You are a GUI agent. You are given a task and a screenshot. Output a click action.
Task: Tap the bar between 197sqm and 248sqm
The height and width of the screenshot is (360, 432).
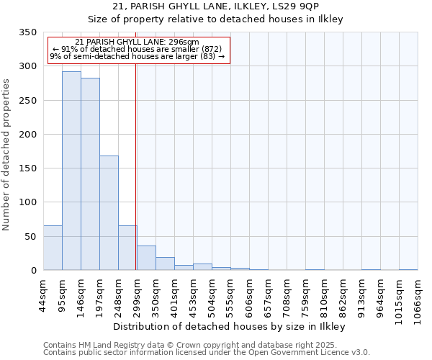click(x=109, y=213)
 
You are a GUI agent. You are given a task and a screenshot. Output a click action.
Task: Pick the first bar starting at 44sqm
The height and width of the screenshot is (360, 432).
click(x=53, y=248)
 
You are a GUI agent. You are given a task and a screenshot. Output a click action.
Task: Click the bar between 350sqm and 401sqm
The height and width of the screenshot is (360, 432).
click(x=165, y=264)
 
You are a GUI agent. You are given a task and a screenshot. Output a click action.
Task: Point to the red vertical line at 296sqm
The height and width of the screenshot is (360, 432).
click(x=136, y=166)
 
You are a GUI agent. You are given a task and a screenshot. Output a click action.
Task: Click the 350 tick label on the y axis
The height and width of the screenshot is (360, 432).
click(x=27, y=32)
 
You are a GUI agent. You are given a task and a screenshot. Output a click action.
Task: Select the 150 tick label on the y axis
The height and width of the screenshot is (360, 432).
click(x=27, y=168)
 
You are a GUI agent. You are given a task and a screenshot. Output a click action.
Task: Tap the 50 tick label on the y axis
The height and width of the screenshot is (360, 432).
click(x=30, y=236)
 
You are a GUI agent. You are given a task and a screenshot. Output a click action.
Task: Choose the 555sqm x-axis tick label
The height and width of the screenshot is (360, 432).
click(x=230, y=301)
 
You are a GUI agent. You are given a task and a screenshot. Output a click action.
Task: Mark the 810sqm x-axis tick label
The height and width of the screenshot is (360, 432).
click(x=324, y=301)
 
